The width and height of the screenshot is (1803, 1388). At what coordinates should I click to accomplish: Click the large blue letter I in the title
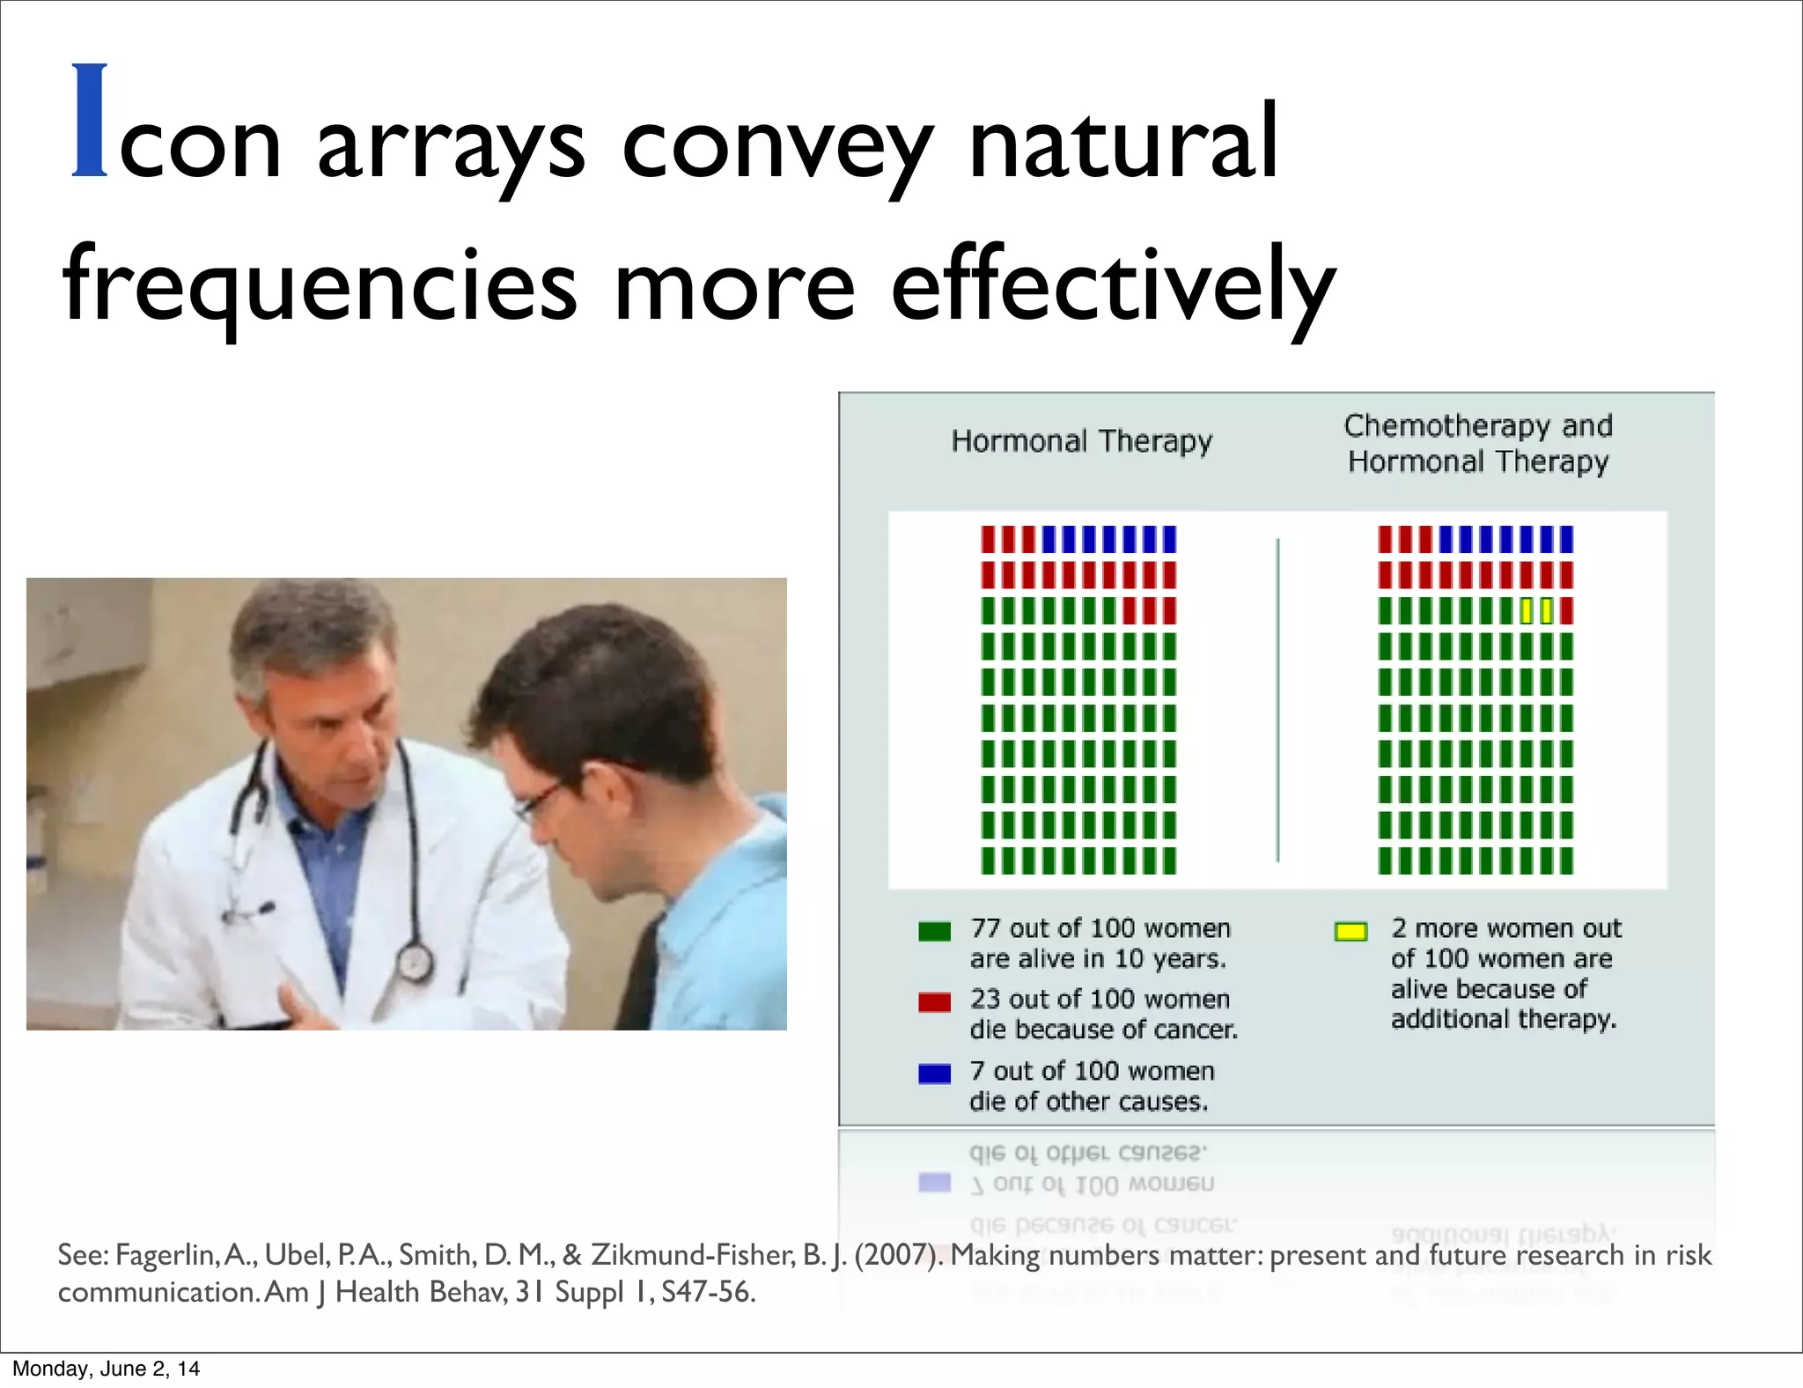coord(90,121)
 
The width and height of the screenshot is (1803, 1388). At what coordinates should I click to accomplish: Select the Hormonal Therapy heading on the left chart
coord(1081,441)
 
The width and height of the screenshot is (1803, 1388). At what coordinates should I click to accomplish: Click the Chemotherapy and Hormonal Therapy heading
coord(1478,444)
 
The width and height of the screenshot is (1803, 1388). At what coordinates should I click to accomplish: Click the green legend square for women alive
coord(934,931)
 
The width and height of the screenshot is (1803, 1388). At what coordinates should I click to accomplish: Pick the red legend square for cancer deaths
coord(934,1002)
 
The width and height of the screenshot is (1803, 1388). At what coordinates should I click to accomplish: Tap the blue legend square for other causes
coord(934,1074)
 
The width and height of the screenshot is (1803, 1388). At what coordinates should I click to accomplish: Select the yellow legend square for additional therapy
coord(1350,932)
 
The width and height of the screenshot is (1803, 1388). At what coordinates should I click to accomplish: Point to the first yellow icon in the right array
coord(1527,611)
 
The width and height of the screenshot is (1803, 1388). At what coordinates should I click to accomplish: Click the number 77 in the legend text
coord(985,928)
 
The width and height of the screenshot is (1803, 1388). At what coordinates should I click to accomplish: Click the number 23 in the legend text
coord(985,1000)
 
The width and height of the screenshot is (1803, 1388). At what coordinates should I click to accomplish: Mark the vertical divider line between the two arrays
coord(1277,700)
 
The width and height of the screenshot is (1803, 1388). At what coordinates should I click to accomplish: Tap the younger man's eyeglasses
coord(539,797)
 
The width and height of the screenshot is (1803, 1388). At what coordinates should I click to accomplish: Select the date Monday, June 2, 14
coord(106,1369)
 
